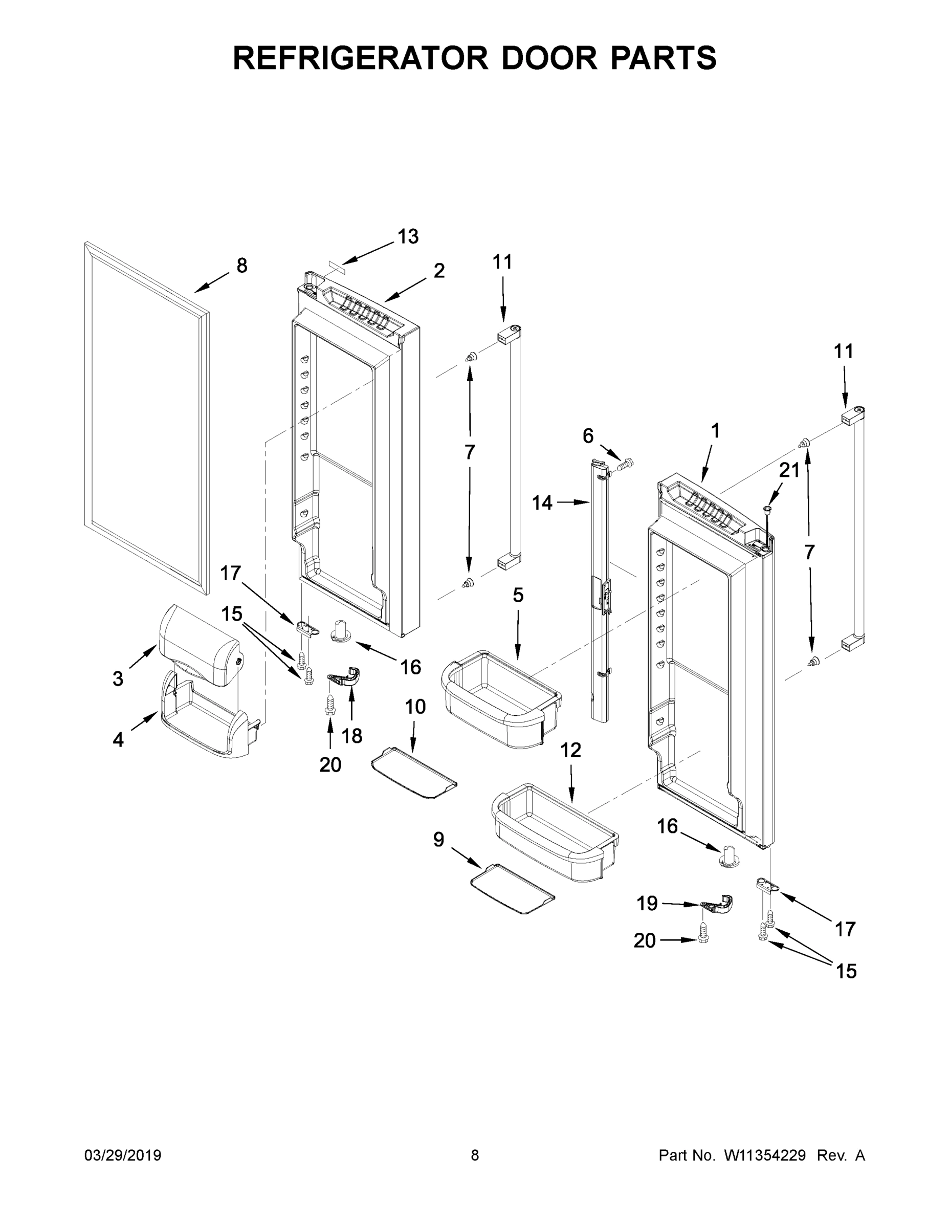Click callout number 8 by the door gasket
click(242, 266)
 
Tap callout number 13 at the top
click(408, 237)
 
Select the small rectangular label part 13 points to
click(336, 263)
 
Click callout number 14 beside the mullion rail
click(542, 502)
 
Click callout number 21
click(789, 470)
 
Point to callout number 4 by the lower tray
click(118, 739)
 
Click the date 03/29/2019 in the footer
click(123, 1155)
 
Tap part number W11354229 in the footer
click(765, 1155)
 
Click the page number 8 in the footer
click(475, 1155)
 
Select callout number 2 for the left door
click(439, 271)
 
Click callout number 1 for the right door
click(715, 431)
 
